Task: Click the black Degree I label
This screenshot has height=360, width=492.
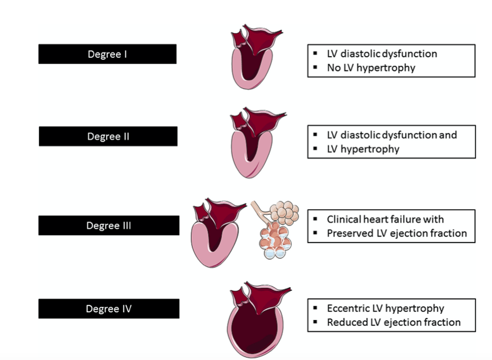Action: [x=107, y=54]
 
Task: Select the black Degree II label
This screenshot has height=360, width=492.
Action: [x=108, y=136]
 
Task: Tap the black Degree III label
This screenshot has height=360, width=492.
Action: [x=109, y=225]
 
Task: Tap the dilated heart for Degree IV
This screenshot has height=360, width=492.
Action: [x=253, y=320]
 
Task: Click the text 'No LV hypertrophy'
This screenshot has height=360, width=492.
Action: [x=371, y=68]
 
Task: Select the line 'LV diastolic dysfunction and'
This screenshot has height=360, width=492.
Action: [x=392, y=135]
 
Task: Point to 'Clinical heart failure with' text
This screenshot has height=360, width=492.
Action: [x=385, y=219]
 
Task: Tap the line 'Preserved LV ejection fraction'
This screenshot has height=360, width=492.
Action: [x=396, y=233]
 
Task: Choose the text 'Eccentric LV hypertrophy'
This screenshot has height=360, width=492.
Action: [x=385, y=308]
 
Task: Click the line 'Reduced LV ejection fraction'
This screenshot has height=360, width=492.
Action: [x=393, y=322]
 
